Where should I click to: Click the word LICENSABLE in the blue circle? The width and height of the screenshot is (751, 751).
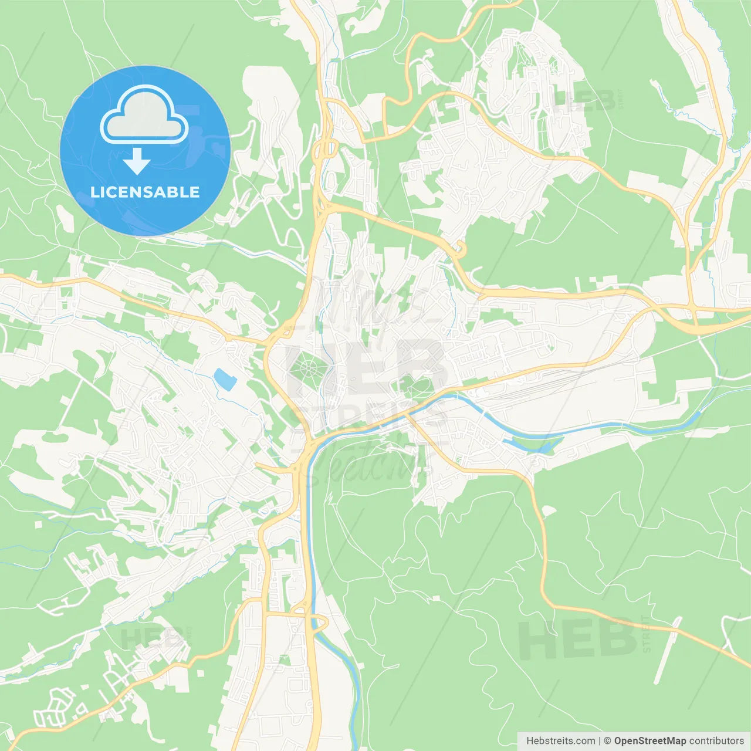145,192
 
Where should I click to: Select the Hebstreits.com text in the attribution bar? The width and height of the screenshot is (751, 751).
560,741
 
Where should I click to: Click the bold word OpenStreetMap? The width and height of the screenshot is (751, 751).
649,741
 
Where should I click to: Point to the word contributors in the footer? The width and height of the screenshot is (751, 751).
716,741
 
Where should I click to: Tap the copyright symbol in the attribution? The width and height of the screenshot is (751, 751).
607,741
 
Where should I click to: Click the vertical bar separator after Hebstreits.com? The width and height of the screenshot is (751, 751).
599,741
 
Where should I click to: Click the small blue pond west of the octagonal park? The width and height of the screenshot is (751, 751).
225,380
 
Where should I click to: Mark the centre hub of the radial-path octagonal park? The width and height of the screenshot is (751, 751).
306,370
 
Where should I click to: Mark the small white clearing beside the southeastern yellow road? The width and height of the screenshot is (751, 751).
549,511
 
